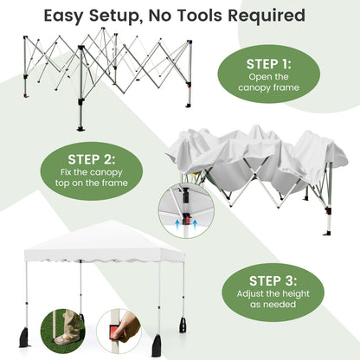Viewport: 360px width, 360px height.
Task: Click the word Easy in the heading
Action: click(70, 16)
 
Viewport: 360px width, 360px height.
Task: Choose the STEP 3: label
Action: click(273, 280)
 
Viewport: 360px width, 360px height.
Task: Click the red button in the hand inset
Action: click(115, 334)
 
